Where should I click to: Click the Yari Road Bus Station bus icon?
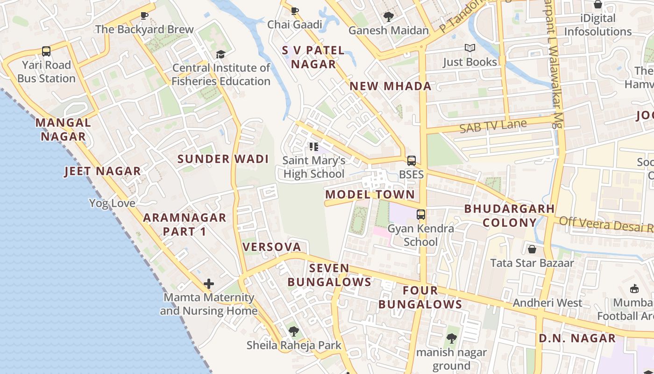46,51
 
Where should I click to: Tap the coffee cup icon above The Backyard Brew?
144,15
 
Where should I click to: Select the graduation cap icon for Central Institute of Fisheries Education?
220,55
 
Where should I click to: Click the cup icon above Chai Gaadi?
294,11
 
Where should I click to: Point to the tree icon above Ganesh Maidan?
388,17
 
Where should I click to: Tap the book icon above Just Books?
469,48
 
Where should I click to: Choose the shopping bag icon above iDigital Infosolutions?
597,5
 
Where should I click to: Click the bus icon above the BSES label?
411,161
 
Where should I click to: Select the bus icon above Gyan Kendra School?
421,215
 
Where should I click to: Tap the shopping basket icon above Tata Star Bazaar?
532,249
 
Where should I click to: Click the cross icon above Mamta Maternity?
209,283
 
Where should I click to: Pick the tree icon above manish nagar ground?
451,338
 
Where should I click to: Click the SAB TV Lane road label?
493,126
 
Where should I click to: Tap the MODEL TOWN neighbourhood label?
370,194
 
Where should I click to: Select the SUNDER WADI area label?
223,159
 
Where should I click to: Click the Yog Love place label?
112,203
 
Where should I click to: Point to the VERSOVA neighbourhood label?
271,247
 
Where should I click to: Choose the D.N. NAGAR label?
577,338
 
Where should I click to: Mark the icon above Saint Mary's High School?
313,147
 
